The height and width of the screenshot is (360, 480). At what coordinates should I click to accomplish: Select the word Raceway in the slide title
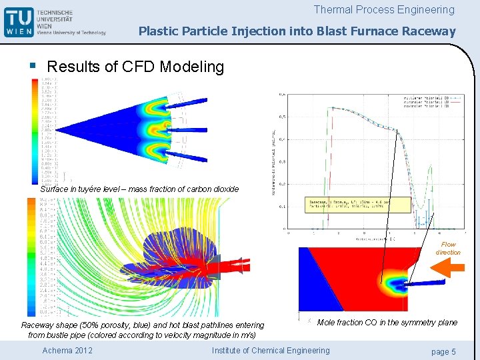coord(433,31)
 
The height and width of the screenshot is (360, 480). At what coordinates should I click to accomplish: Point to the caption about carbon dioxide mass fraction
coord(139,189)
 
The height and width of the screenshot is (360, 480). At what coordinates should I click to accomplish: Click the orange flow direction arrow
coord(447,269)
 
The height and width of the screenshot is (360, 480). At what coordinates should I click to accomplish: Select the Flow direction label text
coord(448,249)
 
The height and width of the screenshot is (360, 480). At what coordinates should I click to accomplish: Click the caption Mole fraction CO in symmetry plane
coord(387,323)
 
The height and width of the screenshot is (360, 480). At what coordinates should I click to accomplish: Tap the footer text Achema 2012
coord(67,351)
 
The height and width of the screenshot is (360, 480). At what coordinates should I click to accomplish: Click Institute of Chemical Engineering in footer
coord(270,351)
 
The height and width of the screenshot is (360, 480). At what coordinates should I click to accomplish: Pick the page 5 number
coord(443,351)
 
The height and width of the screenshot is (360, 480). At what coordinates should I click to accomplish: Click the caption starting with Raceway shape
coord(142,330)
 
